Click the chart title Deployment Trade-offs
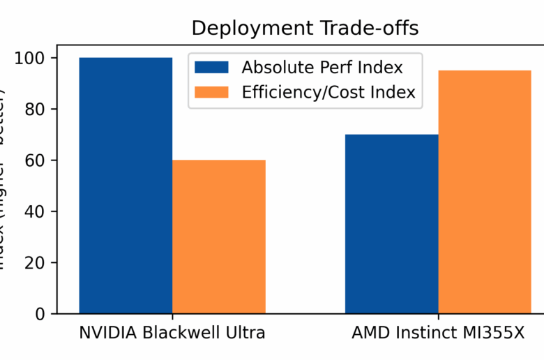[305, 29]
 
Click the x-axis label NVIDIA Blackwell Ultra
[172, 333]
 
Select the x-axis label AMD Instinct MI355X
[439, 333]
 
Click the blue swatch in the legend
[211, 68]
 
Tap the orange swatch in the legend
[211, 92]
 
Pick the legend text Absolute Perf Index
[322, 68]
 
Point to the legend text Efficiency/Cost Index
[328, 92]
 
